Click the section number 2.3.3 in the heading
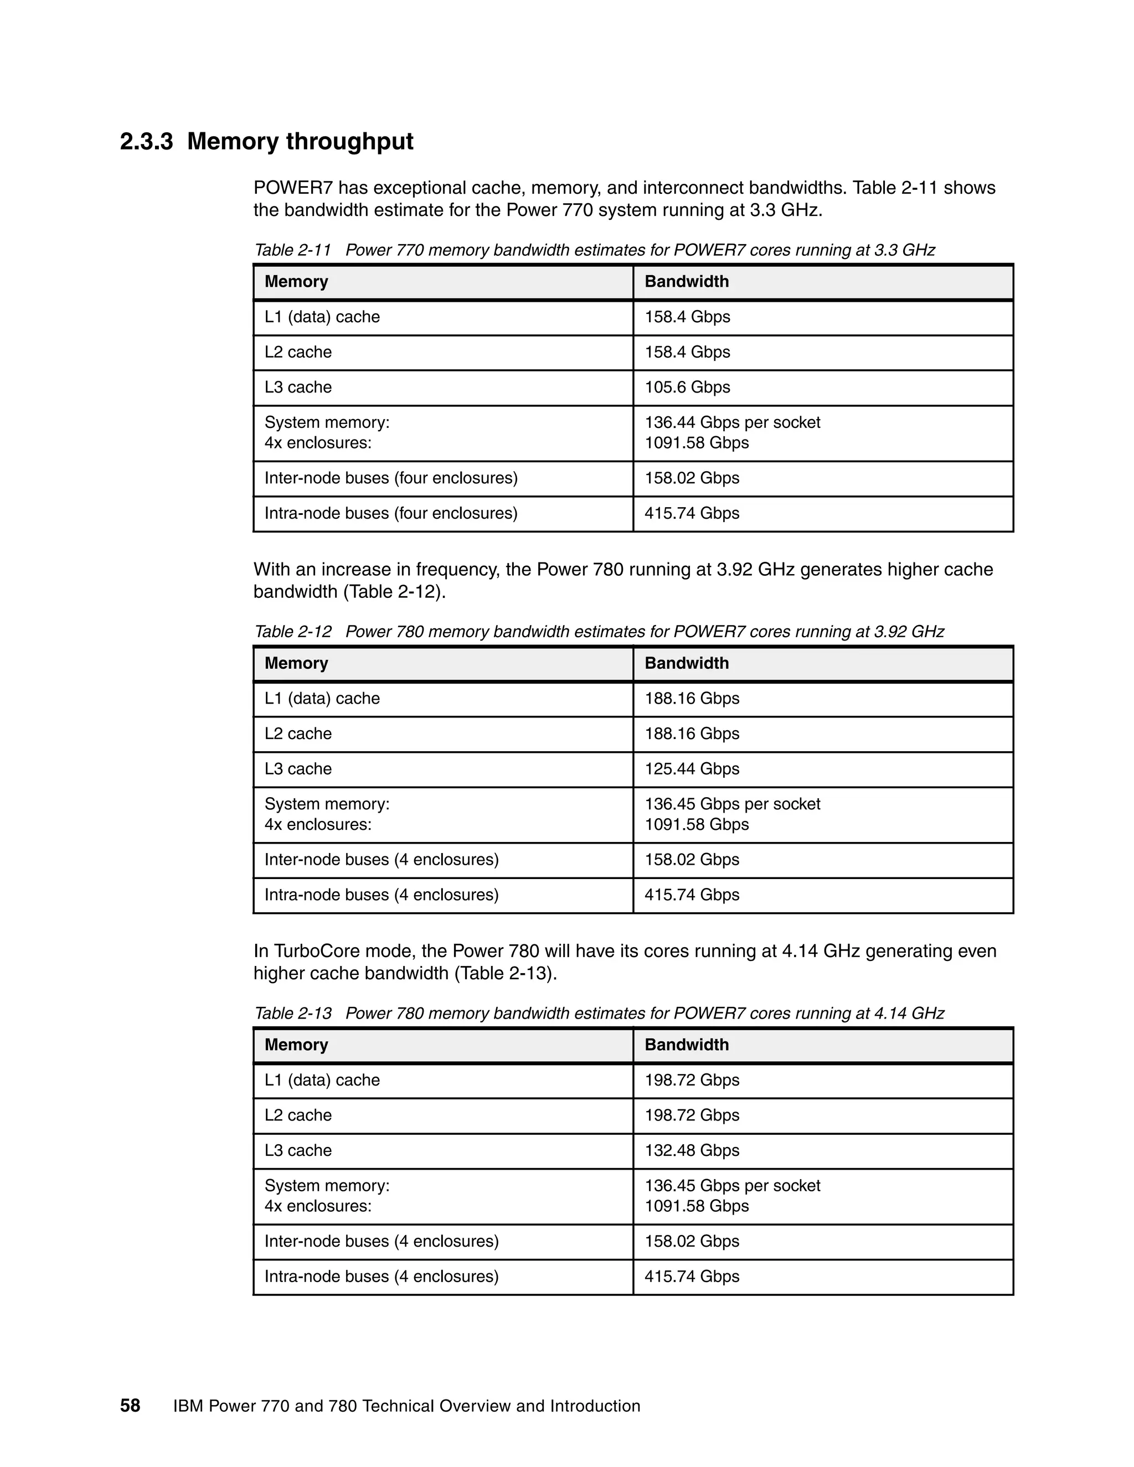pos(146,142)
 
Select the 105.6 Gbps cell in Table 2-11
pos(687,388)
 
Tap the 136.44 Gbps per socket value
pos(732,422)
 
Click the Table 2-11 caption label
pos(293,251)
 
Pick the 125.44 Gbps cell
pos(692,769)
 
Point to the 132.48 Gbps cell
pos(692,1151)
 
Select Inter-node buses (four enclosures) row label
pos(391,478)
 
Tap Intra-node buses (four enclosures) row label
pos(391,514)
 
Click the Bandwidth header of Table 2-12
pos(687,664)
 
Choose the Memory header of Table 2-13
pos(296,1045)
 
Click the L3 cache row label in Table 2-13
pos(298,1151)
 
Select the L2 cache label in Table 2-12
pos(298,734)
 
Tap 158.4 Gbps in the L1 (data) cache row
pos(687,317)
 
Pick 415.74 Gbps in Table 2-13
pos(692,1277)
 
